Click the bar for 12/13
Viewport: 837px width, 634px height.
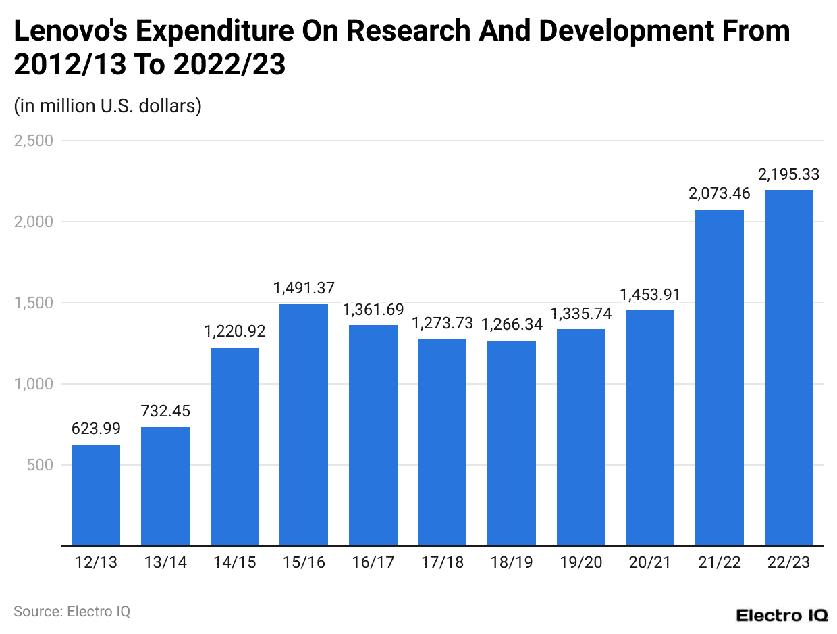pyautogui.click(x=96, y=495)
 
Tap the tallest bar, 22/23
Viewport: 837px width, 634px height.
pyautogui.click(x=788, y=368)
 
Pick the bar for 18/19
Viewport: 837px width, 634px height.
pyautogui.click(x=512, y=443)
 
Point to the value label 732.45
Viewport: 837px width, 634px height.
pyautogui.click(x=165, y=411)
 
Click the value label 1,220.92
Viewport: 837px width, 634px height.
pyautogui.click(x=235, y=332)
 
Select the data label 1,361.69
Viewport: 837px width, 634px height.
pyautogui.click(x=373, y=310)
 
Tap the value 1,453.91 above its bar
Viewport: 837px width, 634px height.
pyautogui.click(x=650, y=295)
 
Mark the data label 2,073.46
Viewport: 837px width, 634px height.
pyautogui.click(x=719, y=193)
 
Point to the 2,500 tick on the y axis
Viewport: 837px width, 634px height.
pyautogui.click(x=33, y=141)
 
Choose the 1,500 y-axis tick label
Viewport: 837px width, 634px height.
pyautogui.click(x=33, y=303)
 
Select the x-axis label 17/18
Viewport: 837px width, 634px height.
pyautogui.click(x=442, y=562)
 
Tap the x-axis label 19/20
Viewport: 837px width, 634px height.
pyautogui.click(x=580, y=562)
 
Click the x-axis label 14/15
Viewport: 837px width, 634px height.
pyautogui.click(x=234, y=562)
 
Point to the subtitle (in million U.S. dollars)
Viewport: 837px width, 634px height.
pyautogui.click(x=107, y=106)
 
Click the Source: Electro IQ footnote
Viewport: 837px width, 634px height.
pyautogui.click(x=72, y=612)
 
